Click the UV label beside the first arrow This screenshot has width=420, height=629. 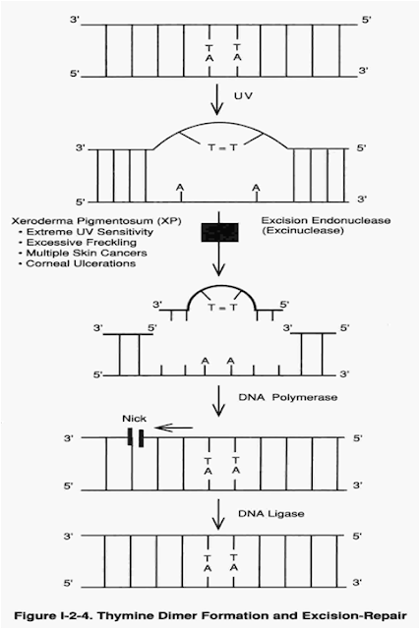tap(243, 96)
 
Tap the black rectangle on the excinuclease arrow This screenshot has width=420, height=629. tap(219, 232)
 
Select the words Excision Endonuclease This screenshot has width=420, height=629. tap(326, 220)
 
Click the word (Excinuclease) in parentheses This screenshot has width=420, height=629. tap(302, 231)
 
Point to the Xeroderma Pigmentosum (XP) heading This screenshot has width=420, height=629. tap(96, 221)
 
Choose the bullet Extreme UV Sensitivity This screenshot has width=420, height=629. tap(87, 232)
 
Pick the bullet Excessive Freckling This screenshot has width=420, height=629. tap(78, 243)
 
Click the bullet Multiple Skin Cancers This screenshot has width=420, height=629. tap(83, 254)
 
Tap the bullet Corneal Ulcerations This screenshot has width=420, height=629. tap(77, 263)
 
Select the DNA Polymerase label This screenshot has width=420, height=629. tap(288, 397)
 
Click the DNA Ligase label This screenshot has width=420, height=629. tap(271, 514)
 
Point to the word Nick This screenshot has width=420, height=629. tap(134, 419)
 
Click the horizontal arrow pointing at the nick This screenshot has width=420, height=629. tap(173, 429)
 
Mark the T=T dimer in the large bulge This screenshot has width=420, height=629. tap(223, 147)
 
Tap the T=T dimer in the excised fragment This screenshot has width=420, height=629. tap(223, 308)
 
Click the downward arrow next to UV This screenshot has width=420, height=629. tap(217, 99)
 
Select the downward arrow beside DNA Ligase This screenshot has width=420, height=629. tap(218, 515)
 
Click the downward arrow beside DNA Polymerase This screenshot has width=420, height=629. tap(218, 401)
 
